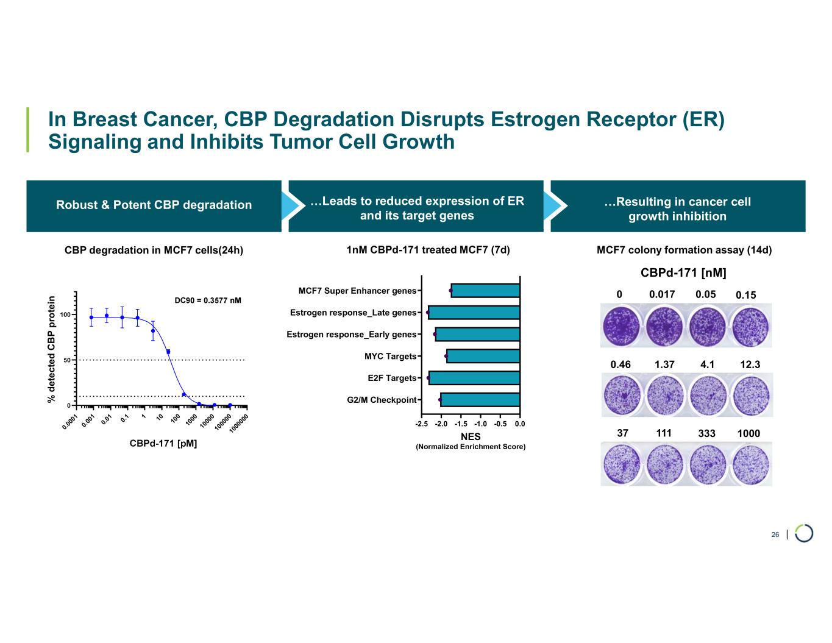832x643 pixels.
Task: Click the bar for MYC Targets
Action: (x=483, y=356)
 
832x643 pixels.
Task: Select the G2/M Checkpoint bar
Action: (x=480, y=400)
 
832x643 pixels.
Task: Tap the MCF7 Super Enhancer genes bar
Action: (x=485, y=291)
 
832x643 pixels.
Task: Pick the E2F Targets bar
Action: (x=474, y=378)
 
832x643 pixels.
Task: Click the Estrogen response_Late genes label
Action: (x=353, y=313)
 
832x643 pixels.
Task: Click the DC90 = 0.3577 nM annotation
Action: (x=208, y=300)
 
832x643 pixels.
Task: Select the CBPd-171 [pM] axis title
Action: (x=163, y=443)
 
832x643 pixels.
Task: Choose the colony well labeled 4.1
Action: (x=707, y=395)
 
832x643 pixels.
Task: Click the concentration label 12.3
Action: (x=750, y=364)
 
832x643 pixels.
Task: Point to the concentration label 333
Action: (x=706, y=433)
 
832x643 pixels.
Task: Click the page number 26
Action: (x=775, y=535)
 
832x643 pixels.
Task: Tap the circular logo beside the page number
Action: (x=804, y=533)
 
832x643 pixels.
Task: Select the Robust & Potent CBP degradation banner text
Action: (x=154, y=205)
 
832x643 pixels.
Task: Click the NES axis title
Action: (x=471, y=436)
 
